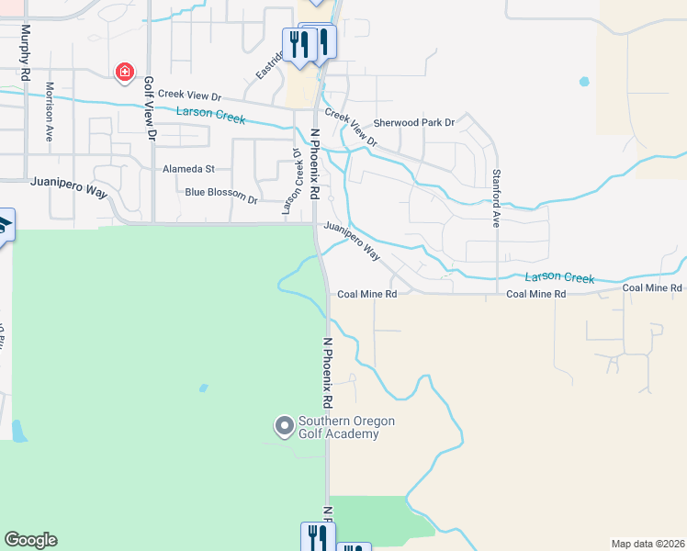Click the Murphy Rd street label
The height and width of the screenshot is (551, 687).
[x=25, y=50]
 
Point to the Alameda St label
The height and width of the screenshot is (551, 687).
[x=188, y=169]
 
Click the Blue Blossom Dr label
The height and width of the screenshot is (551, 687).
[x=221, y=193]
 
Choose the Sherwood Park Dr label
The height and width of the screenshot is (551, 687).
[x=413, y=122]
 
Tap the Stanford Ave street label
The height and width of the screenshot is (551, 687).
[x=495, y=198]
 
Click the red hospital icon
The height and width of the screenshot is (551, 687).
[x=123, y=72]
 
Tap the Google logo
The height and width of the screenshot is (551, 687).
[x=30, y=540]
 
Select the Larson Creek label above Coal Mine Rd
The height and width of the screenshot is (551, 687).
[x=559, y=277]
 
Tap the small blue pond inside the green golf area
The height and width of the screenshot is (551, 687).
[x=202, y=387]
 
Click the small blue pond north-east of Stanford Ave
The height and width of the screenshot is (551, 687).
[x=584, y=82]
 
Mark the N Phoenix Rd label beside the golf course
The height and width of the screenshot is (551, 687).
[x=326, y=372]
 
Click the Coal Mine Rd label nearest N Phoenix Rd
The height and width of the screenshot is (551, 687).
[x=366, y=294]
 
